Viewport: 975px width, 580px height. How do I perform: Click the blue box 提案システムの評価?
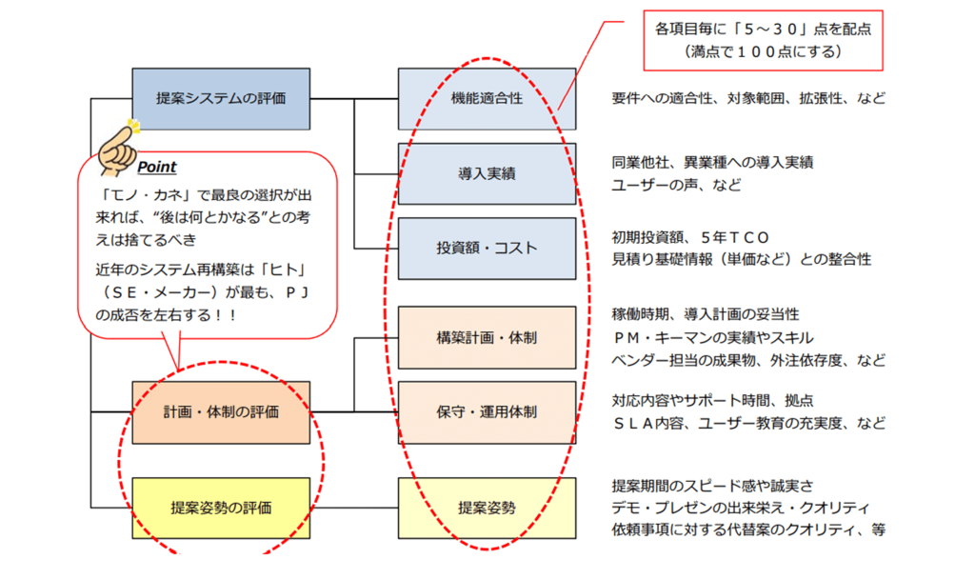pos(221,99)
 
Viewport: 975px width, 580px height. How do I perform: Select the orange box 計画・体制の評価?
pos(221,412)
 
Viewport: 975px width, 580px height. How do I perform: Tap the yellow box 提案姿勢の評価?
pos(221,508)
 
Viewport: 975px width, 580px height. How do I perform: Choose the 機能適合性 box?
pos(487,99)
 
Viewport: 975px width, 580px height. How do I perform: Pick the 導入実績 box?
pos(487,173)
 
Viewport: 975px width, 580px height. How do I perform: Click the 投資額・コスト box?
pos(487,248)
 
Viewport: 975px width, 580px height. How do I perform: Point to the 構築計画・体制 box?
pos(487,337)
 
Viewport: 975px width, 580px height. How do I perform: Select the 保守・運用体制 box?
pos(487,412)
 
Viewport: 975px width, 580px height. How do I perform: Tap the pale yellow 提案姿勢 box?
pos(487,508)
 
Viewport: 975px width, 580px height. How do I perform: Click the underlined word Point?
pos(157,167)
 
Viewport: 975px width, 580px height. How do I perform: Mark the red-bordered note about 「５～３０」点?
pos(763,40)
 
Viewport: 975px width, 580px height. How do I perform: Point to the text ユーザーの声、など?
pos(677,185)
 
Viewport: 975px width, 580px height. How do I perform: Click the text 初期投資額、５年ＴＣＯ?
pos(691,237)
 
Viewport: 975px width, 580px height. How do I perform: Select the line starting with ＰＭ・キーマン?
pos(712,337)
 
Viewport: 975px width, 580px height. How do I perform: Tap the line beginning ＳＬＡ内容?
pos(748,424)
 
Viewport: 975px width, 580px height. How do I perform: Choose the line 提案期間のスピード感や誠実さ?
pos(712,486)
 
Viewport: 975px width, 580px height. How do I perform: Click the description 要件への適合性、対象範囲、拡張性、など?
pos(748,98)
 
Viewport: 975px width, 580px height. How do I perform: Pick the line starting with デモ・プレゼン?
pos(741,508)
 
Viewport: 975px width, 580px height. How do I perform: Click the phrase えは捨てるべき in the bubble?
pos(146,240)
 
